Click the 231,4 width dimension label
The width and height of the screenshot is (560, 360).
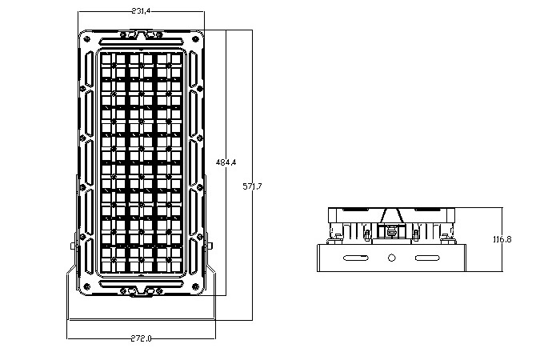(141, 11)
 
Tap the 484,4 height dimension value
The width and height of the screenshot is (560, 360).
(226, 162)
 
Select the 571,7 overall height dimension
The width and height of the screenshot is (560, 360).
(252, 186)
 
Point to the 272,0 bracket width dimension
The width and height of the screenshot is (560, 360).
(141, 338)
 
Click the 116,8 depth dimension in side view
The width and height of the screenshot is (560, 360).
(502, 239)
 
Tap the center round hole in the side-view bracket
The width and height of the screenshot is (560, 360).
(392, 258)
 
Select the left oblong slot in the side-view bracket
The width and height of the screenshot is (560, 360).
(356, 258)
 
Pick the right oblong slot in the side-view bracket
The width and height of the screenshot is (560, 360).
(427, 258)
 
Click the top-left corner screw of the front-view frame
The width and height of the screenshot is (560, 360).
(86, 38)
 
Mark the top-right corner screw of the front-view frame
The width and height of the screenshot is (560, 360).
(195, 38)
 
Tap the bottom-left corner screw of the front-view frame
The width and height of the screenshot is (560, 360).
(86, 286)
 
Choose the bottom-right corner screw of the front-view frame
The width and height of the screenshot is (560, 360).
(195, 286)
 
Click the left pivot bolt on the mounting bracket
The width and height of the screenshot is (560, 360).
(73, 246)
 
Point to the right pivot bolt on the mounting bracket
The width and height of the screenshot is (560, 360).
(210, 246)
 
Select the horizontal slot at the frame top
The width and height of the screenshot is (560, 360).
(141, 41)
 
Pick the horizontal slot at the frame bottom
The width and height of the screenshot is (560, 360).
(141, 284)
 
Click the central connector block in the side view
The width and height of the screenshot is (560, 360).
(392, 231)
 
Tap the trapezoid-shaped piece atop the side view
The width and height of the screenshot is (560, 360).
(392, 216)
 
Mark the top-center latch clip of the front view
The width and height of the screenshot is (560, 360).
(141, 34)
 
